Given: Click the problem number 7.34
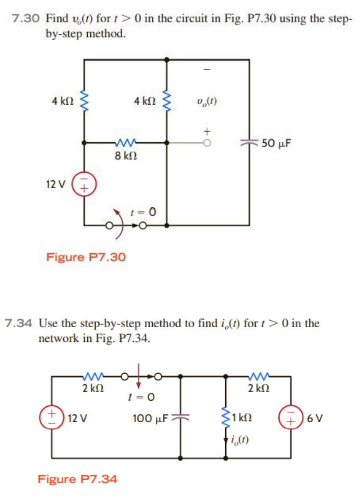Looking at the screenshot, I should click(20, 323).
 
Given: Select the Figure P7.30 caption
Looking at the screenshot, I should click(86, 257).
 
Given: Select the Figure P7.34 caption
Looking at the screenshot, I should click(77, 479).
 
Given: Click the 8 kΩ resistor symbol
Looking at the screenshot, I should click(125, 142).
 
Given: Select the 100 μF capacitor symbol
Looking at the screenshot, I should click(182, 418).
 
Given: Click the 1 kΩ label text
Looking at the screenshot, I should click(242, 418).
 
